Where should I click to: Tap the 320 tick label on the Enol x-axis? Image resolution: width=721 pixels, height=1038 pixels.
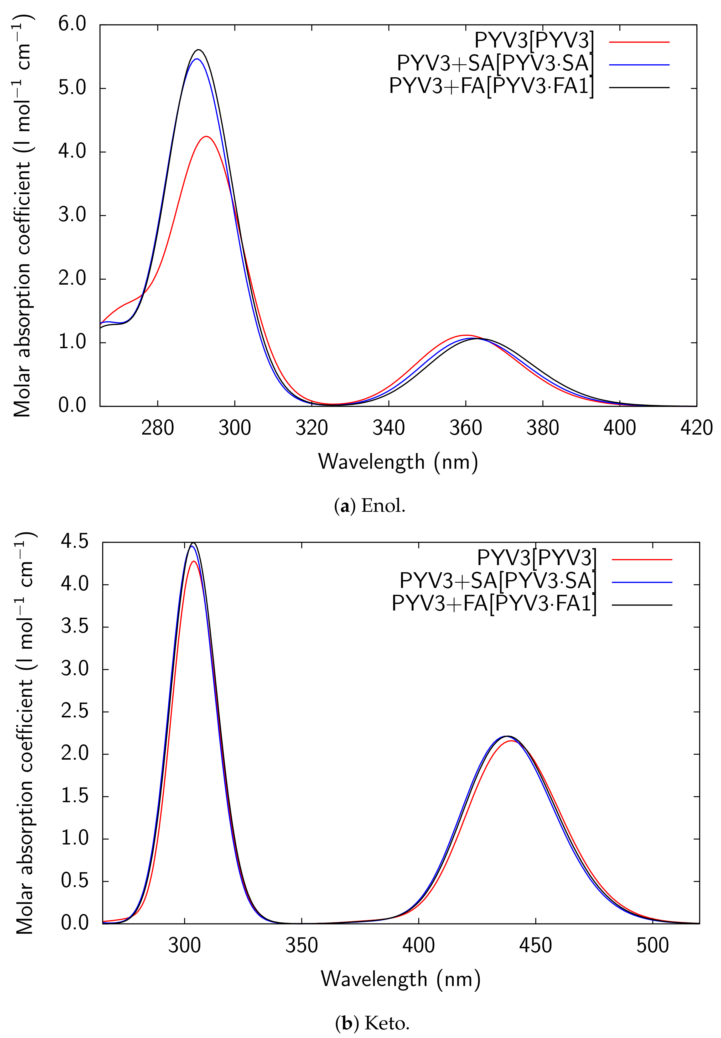tap(312, 427)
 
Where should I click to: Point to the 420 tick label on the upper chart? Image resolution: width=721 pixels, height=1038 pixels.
tap(696, 427)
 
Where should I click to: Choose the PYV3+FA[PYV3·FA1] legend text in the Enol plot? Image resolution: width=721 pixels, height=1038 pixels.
tap(491, 86)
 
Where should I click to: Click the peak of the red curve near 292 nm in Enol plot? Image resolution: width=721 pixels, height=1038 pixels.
tap(206, 136)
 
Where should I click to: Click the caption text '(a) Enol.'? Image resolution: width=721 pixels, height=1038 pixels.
tap(370, 506)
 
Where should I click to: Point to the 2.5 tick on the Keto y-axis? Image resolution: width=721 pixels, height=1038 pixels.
tap(75, 712)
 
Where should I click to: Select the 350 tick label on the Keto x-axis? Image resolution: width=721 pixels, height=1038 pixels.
tap(301, 946)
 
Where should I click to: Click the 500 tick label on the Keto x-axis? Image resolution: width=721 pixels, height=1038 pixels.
tap(652, 946)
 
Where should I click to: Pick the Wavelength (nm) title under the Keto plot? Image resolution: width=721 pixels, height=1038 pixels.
tap(400, 979)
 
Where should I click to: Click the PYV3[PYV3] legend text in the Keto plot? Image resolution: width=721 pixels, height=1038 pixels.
tap(536, 558)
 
